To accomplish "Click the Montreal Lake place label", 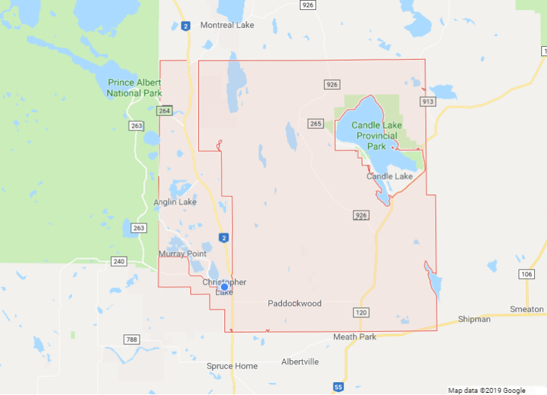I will point(227,25).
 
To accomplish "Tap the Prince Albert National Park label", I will point(135,88).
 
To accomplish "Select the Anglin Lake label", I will point(175,202).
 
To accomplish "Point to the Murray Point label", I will point(182,254).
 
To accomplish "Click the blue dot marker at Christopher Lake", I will point(224,287).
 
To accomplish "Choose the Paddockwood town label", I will point(295,304).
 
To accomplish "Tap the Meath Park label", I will point(355,337).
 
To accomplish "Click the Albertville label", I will point(300,362).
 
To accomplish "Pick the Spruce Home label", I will point(231,366).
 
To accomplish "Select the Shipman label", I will point(474,320).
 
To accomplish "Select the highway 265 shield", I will point(316,124).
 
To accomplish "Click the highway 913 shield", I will point(427,102).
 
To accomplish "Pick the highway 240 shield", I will point(119,261).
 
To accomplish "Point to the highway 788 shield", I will point(130,339).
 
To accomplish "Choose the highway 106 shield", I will point(526,274).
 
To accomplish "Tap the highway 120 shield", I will point(360,312).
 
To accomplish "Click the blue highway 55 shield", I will point(338,386).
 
